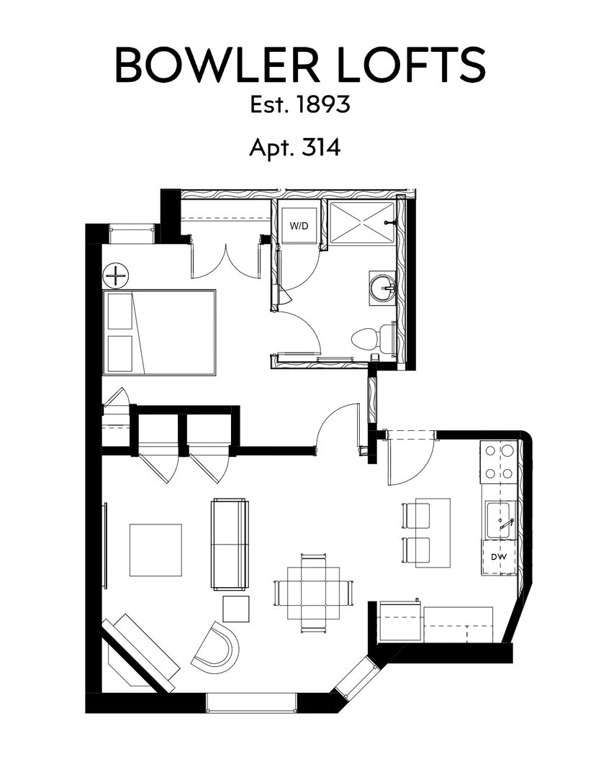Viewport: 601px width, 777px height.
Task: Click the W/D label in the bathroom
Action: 299,226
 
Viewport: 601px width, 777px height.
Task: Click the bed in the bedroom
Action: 160,332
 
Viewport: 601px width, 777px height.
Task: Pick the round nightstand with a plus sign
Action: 115,275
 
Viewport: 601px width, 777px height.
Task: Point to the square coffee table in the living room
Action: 155,550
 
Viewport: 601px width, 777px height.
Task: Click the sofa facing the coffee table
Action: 230,543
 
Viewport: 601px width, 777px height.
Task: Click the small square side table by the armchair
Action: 235,609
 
